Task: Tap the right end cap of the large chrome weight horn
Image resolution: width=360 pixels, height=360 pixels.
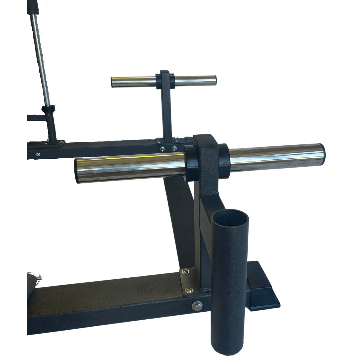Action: tap(322, 154)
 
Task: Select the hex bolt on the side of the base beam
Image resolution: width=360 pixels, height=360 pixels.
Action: tap(197, 306)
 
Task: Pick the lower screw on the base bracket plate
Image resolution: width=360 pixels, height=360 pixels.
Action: tap(189, 290)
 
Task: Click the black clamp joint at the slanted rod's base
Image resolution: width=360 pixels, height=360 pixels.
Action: tap(48, 110)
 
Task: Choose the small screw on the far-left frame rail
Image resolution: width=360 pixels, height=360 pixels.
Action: tap(38, 154)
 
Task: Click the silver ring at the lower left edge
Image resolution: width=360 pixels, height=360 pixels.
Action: tap(39, 277)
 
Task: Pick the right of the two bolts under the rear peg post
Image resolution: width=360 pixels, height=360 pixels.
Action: tap(174, 149)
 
